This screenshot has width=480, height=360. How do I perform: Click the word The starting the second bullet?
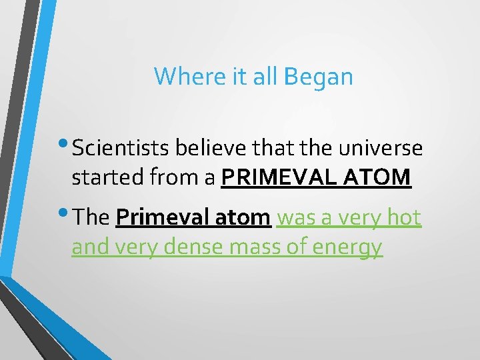pyautogui.click(x=92, y=217)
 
